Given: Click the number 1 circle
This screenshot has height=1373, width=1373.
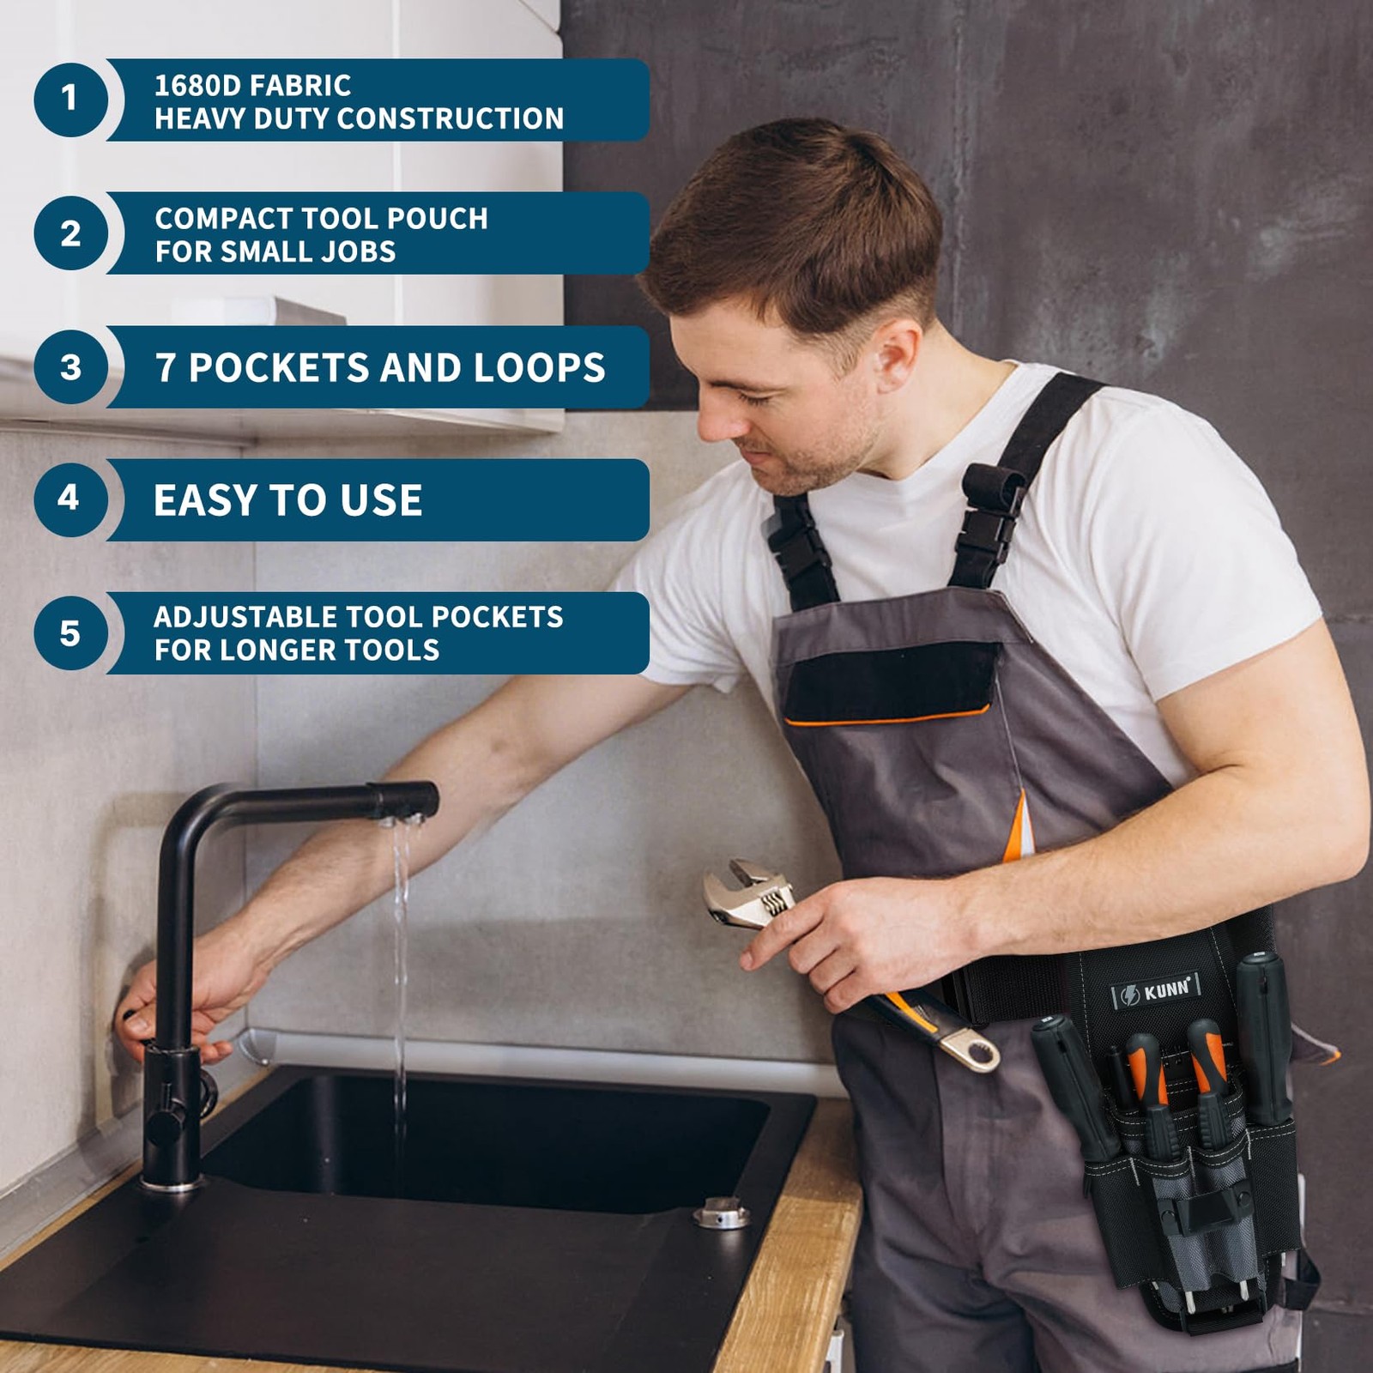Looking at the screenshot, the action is point(70,99).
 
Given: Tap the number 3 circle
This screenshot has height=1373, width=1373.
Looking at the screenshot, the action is point(70,367).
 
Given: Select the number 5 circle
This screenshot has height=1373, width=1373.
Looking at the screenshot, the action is point(70,633).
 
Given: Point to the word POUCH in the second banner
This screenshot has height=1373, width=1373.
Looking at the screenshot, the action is point(438,219).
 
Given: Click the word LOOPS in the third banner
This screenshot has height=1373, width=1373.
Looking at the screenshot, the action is point(540,368).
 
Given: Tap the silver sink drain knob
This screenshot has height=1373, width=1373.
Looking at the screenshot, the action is point(721,1213).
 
